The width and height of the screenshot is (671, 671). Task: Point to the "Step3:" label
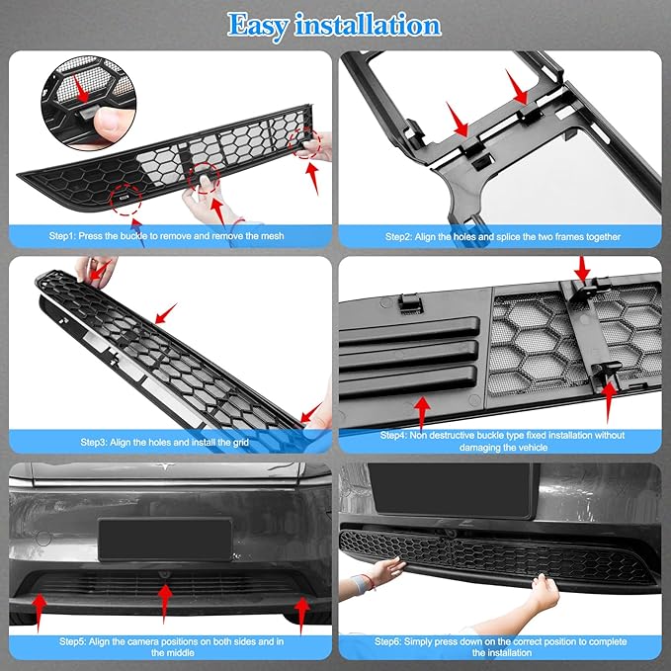tap(99, 443)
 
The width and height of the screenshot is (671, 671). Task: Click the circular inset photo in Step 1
tap(86, 98)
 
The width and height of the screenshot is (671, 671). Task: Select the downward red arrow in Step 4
tap(581, 268)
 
